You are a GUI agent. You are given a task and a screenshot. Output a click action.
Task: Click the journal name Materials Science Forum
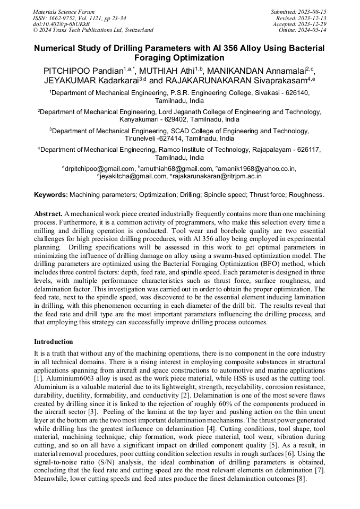(64, 11)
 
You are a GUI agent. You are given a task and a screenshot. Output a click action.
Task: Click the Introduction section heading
(54, 342)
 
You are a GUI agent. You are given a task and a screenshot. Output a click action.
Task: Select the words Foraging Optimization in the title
(179, 58)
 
